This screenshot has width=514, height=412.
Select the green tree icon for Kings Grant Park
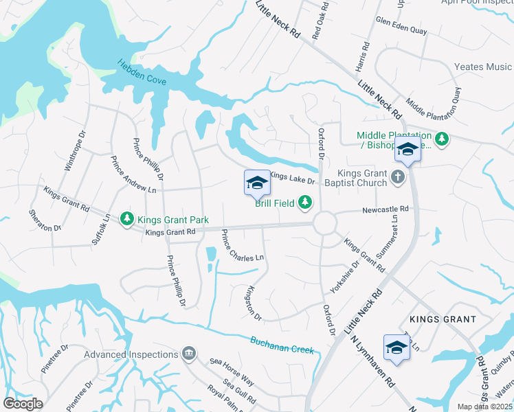point(127,219)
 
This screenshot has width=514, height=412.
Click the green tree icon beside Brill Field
point(304,202)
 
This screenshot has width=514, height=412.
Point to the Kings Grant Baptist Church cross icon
point(396,178)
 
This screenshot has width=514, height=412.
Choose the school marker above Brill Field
point(256,183)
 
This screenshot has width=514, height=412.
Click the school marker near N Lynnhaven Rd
point(396,347)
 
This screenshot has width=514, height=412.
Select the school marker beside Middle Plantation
point(407,148)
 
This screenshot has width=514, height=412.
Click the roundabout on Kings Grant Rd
point(324,223)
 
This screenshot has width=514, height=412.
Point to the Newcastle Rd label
point(385,209)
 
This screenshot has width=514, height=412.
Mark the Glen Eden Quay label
point(402,30)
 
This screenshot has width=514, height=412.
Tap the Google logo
point(23,403)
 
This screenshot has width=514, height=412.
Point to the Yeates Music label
point(483,67)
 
